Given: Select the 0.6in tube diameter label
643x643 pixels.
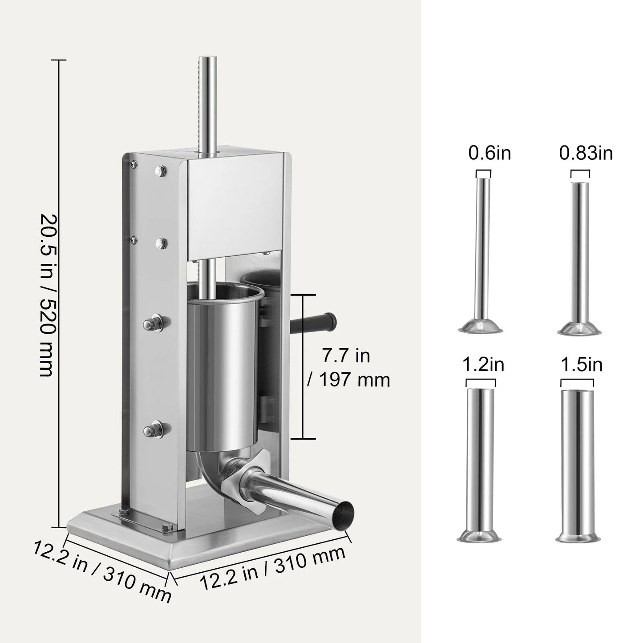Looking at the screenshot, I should [489, 154].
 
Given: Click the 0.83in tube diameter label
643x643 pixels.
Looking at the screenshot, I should [586, 154].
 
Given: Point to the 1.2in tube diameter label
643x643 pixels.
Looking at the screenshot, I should [483, 365].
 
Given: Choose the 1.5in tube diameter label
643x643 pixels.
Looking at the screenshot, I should [582, 365].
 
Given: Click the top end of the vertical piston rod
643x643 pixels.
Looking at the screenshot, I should [208, 60].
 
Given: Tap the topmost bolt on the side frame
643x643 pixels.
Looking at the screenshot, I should [160, 170].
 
